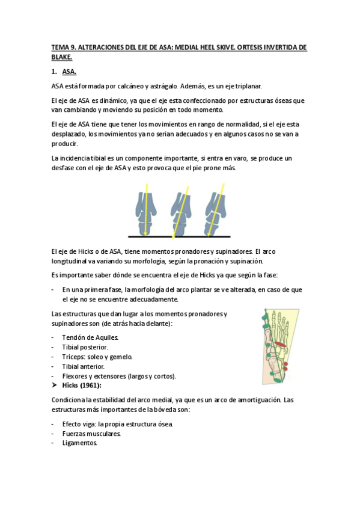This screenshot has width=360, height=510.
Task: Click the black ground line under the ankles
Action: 180,235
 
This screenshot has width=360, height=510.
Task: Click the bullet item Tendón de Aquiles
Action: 91,337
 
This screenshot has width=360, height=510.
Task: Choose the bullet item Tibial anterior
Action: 84,366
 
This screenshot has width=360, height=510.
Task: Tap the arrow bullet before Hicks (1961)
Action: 54,386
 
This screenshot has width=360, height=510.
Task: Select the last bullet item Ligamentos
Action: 80,443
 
